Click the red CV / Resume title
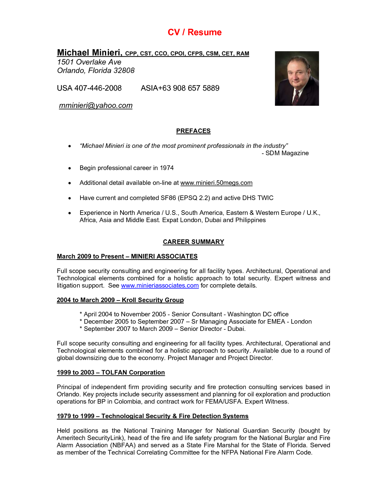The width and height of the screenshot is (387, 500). pyautogui.click(x=194, y=32)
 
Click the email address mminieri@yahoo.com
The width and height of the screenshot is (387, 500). pyautogui.click(x=96, y=105)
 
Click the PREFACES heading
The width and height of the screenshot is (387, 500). pyautogui.click(x=193, y=131)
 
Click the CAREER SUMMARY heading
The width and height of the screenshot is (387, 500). pyautogui.click(x=193, y=242)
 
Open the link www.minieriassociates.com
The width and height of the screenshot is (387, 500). pyautogui.click(x=160, y=285)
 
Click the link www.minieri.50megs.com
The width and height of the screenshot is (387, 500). pyautogui.click(x=216, y=183)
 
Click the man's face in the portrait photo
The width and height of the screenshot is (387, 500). pyautogui.click(x=296, y=74)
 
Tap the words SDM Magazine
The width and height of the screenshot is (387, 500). pyautogui.click(x=287, y=153)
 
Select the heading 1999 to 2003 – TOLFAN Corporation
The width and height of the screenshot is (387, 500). pyautogui.click(x=111, y=372)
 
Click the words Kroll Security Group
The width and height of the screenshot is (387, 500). pyautogui.click(x=153, y=300)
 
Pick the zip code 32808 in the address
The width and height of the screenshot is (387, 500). pyautogui.click(x=124, y=71)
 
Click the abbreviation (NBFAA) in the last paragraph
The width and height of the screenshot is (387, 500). pyautogui.click(x=123, y=445)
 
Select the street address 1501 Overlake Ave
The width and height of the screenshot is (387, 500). pyautogui.click(x=89, y=62)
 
